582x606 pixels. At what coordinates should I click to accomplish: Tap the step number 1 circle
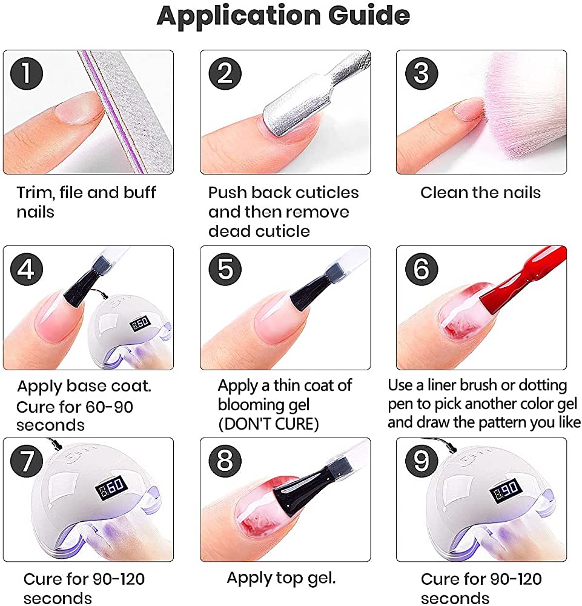click(26, 73)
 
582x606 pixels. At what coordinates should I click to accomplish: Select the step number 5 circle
click(225, 269)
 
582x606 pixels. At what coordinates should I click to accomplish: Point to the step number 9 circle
click(422, 461)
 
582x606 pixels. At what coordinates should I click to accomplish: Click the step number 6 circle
click(422, 269)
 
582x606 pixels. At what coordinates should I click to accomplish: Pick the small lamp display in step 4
click(140, 323)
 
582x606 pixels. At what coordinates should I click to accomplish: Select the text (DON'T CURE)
click(268, 424)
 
